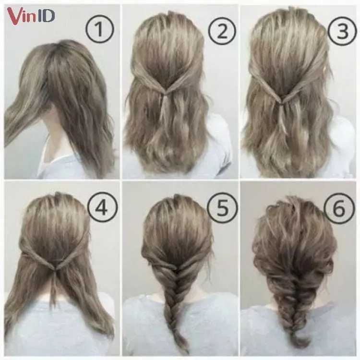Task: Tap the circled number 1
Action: (99, 30)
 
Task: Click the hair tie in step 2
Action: (165, 96)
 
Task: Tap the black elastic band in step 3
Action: (287, 103)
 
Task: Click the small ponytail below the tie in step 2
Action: (165, 115)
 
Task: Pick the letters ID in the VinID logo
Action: (46, 16)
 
